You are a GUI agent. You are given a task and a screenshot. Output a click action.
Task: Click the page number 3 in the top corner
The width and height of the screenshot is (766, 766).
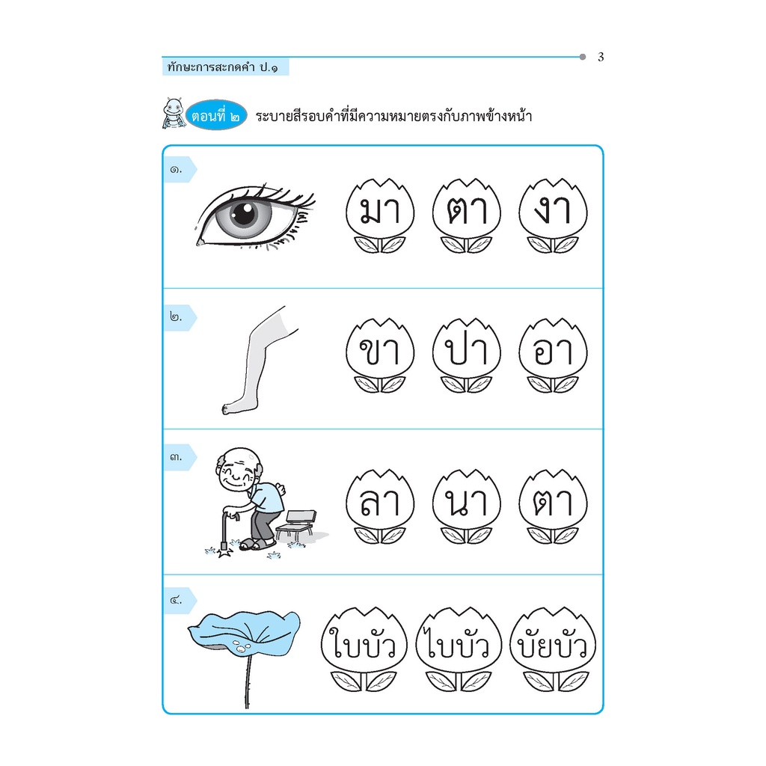coord(601,57)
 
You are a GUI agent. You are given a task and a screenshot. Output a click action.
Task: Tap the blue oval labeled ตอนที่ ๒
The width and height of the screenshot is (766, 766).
coord(216,116)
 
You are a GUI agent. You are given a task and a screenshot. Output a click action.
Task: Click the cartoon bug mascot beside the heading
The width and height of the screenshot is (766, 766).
coord(174,114)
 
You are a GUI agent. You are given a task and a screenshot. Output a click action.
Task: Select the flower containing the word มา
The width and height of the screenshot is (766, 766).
coord(380,215)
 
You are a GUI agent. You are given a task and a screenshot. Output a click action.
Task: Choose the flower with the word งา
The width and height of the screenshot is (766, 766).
coord(553,215)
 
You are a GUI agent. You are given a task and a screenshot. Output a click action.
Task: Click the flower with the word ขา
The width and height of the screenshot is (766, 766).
coord(380,355)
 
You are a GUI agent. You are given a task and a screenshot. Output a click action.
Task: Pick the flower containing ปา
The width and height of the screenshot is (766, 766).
coord(467,355)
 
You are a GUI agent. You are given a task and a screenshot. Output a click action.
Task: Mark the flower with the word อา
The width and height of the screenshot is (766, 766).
coord(553,355)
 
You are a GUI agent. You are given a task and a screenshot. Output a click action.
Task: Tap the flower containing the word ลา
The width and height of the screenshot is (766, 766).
coord(380,506)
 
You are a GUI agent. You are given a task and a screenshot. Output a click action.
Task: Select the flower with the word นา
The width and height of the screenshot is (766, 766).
coord(467,506)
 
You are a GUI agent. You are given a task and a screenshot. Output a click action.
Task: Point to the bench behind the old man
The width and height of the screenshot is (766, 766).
coord(296,525)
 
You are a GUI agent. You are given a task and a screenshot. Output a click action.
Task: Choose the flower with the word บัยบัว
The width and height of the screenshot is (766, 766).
coord(553,649)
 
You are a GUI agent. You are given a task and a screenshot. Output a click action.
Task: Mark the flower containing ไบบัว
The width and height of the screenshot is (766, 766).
coord(459,649)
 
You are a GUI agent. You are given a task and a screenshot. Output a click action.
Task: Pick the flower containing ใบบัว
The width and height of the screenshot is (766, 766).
coord(364,649)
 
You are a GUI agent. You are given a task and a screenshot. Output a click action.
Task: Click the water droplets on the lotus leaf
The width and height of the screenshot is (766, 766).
coord(242,646)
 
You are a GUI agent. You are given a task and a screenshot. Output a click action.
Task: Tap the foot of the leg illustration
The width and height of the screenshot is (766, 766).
coord(239,406)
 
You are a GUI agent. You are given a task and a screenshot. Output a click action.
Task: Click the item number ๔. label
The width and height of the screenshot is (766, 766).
coord(176,600)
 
